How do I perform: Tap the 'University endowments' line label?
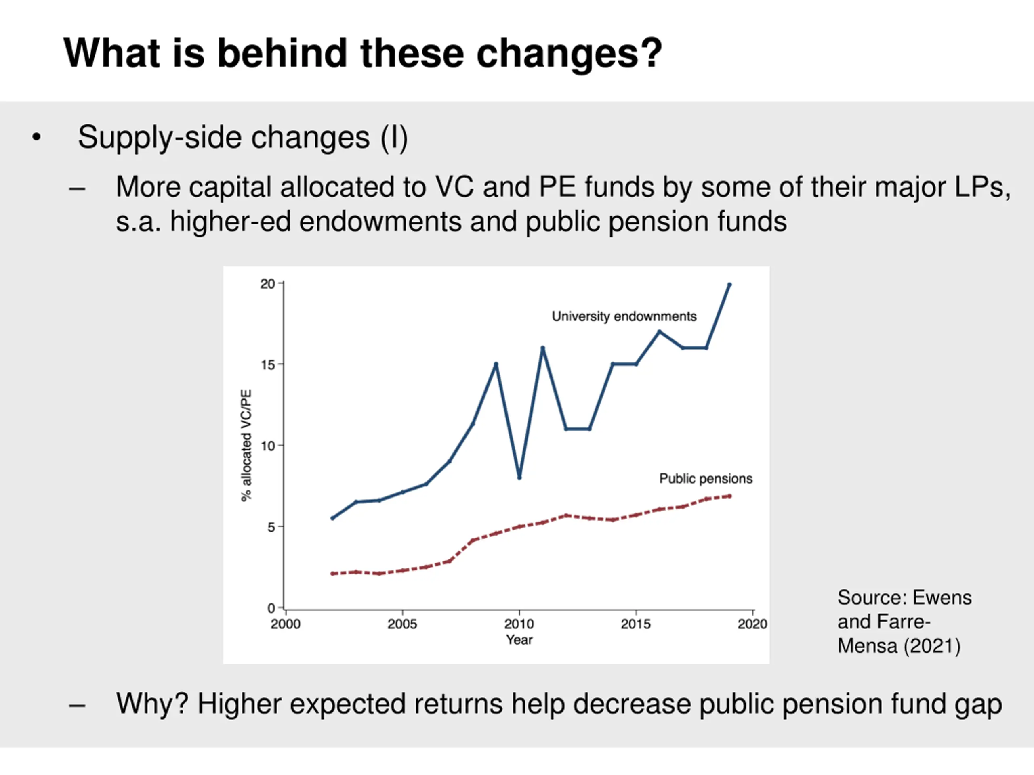624,316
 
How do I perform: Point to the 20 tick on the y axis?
268,283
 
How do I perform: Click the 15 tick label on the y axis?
268,364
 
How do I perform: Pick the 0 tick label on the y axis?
271,608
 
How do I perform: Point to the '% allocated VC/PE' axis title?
246,445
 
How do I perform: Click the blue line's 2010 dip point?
519,478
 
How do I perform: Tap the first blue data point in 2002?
332,518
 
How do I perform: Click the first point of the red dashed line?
332,573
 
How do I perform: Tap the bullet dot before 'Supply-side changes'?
36,137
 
